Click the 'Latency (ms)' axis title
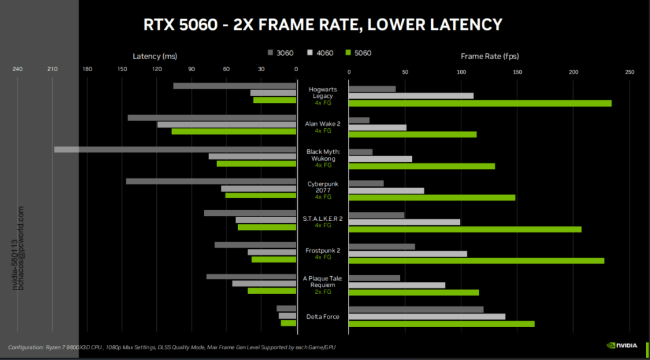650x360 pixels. coord(156,56)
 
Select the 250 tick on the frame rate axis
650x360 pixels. coord(629,72)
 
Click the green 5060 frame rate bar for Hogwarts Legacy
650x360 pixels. coord(480,103)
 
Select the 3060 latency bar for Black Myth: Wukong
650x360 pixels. coord(175,150)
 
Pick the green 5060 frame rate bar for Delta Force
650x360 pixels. coord(441,324)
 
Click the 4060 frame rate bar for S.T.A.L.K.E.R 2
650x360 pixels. coord(404,222)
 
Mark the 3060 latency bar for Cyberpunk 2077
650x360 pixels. coord(211,181)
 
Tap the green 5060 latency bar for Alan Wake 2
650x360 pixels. coord(234,131)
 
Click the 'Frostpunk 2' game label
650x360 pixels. coord(322,251)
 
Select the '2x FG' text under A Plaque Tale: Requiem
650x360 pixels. coord(322,292)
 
